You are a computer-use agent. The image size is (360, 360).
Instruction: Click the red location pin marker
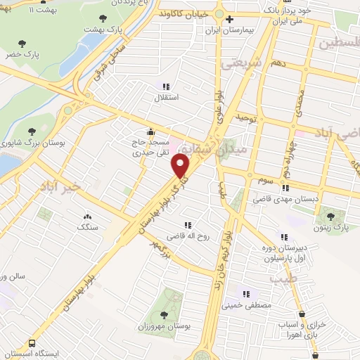181,166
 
